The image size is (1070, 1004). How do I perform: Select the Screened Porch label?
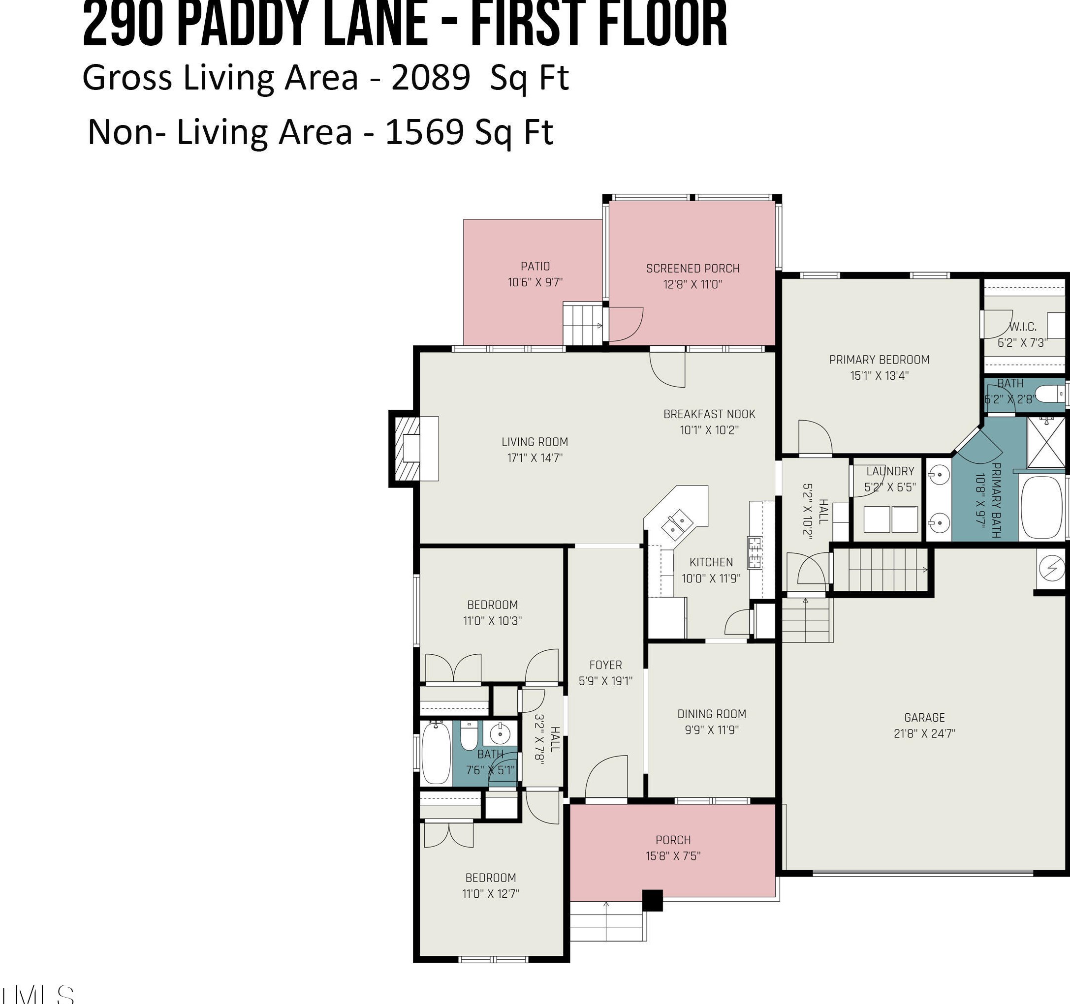coord(692,269)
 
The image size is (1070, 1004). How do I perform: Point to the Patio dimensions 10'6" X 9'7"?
coord(535,282)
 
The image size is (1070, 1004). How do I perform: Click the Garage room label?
coord(924,717)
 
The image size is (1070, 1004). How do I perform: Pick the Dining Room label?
coord(712,714)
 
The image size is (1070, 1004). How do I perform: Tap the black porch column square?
coord(652,900)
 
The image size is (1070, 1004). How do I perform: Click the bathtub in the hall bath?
coord(436,754)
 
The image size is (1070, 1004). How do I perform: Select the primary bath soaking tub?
coord(1041,507)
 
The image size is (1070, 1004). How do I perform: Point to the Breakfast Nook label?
coord(709,414)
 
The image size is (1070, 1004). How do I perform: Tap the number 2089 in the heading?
coord(431,78)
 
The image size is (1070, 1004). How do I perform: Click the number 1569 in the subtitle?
coord(425,132)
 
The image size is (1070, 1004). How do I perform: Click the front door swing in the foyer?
coord(606,776)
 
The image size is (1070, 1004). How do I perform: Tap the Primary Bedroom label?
coord(879,360)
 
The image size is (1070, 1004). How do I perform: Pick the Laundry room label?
coord(890,471)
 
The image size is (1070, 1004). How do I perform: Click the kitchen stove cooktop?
coord(755,552)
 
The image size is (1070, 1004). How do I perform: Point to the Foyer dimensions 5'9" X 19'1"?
coord(605,681)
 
